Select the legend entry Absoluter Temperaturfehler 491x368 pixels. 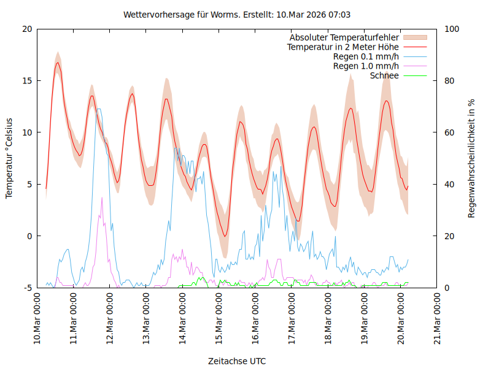tap(344, 37)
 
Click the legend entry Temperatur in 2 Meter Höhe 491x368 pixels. tap(343, 47)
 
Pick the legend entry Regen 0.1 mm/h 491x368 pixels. tap(366, 56)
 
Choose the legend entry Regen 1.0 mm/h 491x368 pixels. tap(366, 66)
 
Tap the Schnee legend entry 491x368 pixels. tap(384, 75)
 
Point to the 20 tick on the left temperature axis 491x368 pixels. tap(27, 29)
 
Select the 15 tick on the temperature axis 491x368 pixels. tap(27, 80)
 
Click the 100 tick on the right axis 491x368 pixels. tap(452, 29)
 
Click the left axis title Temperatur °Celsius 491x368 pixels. tap(9, 158)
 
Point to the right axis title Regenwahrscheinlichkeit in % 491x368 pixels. tap(472, 158)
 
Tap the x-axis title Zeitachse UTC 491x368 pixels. tap(237, 361)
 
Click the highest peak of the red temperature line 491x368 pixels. tap(58, 63)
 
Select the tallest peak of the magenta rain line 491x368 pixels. tap(102, 197)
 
